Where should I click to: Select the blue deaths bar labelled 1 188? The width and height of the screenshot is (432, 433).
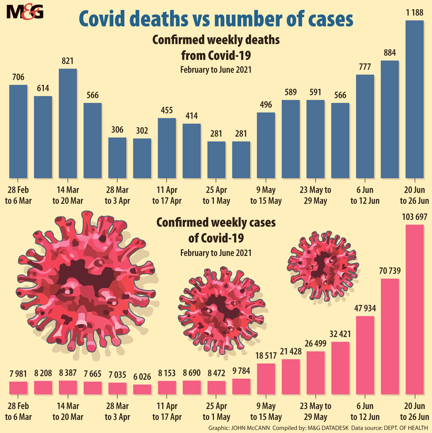(x=415, y=99)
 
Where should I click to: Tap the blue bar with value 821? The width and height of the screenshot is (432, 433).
(x=68, y=123)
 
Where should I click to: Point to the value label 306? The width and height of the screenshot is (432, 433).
(x=117, y=131)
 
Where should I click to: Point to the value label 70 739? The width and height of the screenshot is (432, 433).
(x=389, y=271)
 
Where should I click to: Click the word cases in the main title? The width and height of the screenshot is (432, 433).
(x=328, y=19)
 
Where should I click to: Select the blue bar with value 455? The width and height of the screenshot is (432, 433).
(x=167, y=148)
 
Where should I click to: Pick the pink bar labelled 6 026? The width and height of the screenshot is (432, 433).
(x=142, y=389)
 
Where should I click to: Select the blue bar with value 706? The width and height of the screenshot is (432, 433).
(x=18, y=131)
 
